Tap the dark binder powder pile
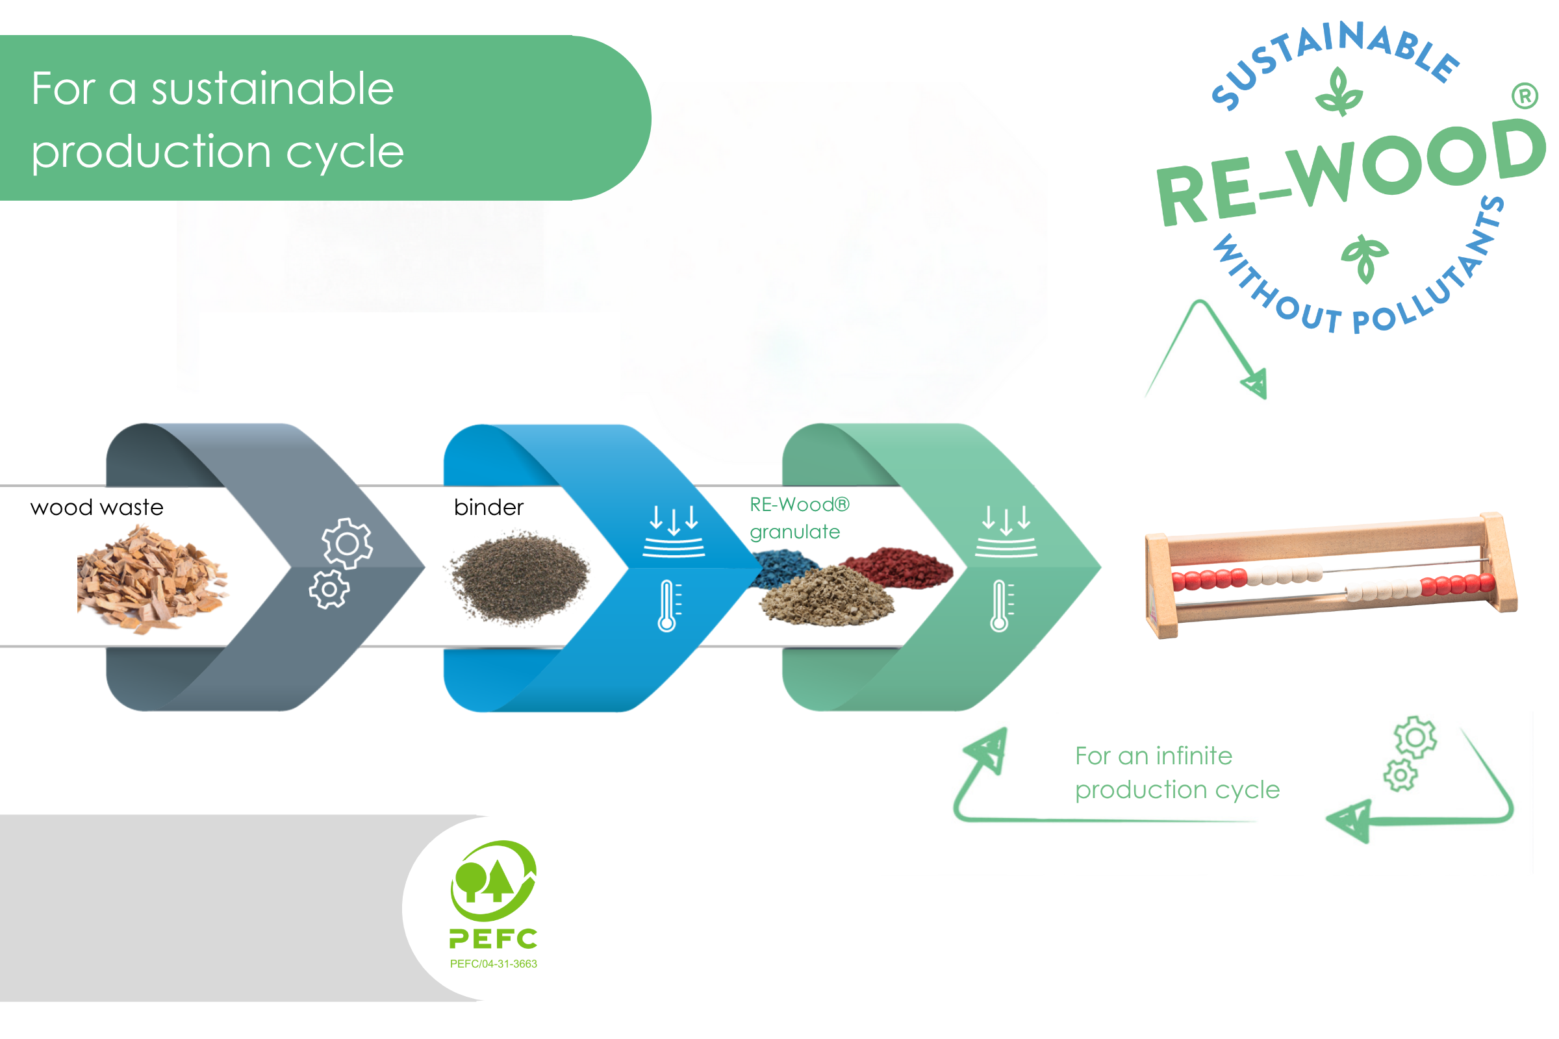pos(520,577)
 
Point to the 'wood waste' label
pos(97,508)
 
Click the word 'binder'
pos(488,508)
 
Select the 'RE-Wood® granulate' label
pos(799,518)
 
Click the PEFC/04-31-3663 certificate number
pos(493,964)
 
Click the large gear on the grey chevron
pos(348,544)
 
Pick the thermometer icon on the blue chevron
pos(668,606)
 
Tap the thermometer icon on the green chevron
pos(1001,606)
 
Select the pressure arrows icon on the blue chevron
pos(674,530)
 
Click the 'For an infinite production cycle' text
pos(1177,773)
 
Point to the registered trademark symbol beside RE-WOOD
pos(1525,96)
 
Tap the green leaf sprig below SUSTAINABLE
pos(1339,93)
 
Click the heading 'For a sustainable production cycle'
pos(218,119)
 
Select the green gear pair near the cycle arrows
pos(1409,754)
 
